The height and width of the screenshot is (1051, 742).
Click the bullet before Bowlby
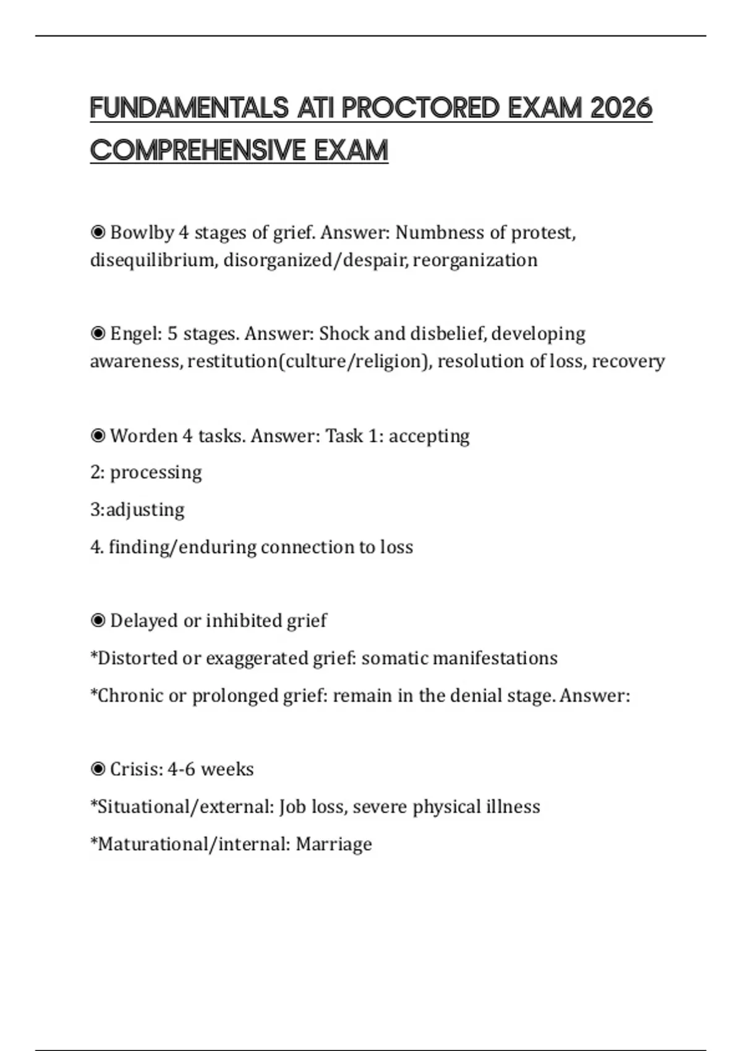coord(98,232)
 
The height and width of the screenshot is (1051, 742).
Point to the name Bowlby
coord(142,232)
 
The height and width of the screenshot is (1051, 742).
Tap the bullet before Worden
coord(98,436)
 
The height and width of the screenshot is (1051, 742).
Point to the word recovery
coord(628,361)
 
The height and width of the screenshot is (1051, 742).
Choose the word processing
coord(156,473)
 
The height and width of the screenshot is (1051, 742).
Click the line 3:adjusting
coord(137,510)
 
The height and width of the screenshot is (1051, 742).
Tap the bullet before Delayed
coord(98,621)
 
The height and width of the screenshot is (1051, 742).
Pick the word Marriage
coord(334,844)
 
